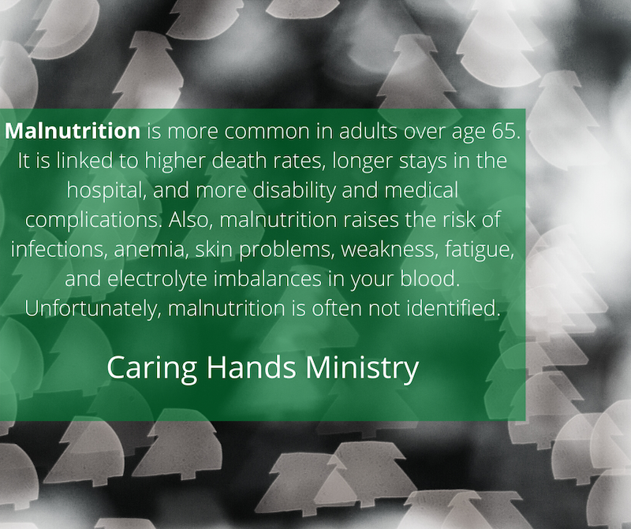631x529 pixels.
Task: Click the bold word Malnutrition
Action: tap(73, 131)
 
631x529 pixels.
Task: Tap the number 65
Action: tap(506, 131)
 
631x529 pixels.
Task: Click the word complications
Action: tap(93, 220)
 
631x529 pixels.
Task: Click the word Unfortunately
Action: tap(93, 308)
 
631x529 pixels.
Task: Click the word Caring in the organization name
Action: tap(151, 368)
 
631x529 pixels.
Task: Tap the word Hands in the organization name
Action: tap(251, 367)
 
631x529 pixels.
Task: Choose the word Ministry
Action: tap(362, 368)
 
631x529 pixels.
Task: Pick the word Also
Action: tap(190, 220)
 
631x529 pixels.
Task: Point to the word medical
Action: tap(421, 191)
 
